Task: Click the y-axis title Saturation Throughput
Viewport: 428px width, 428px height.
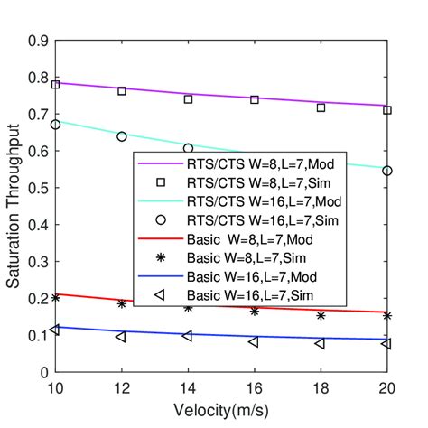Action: pos(15,206)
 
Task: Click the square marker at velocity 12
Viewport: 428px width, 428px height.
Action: pos(122,91)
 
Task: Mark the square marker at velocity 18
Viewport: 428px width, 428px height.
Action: pos(321,107)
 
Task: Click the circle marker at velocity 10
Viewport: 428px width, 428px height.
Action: pos(56,125)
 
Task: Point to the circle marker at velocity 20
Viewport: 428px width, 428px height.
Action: pos(386,171)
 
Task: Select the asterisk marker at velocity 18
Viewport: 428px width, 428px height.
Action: pos(321,315)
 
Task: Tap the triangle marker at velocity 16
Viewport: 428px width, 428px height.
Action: pos(254,341)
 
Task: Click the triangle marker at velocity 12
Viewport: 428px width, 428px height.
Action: pos(122,337)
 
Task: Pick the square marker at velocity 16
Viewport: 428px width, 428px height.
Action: pos(255,99)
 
